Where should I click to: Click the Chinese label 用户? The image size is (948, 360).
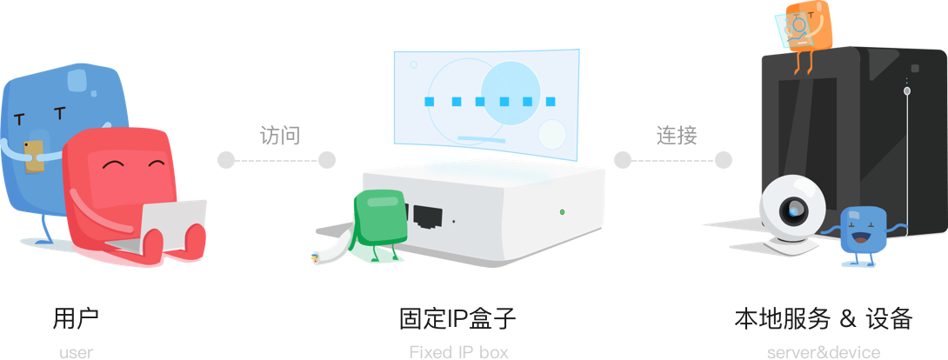[77, 318]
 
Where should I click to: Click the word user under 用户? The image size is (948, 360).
[77, 352]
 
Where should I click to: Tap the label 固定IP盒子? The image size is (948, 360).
[457, 318]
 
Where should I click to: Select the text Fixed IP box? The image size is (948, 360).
[457, 352]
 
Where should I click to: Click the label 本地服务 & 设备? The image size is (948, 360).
[823, 318]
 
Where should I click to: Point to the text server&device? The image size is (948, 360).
[823, 352]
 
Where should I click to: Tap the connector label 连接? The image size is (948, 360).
[676, 135]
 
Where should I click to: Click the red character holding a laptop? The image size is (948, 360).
[122, 174]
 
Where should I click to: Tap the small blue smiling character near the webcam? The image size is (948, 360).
[861, 230]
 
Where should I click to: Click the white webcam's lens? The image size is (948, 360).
[794, 208]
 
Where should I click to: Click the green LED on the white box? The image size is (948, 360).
[562, 211]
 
